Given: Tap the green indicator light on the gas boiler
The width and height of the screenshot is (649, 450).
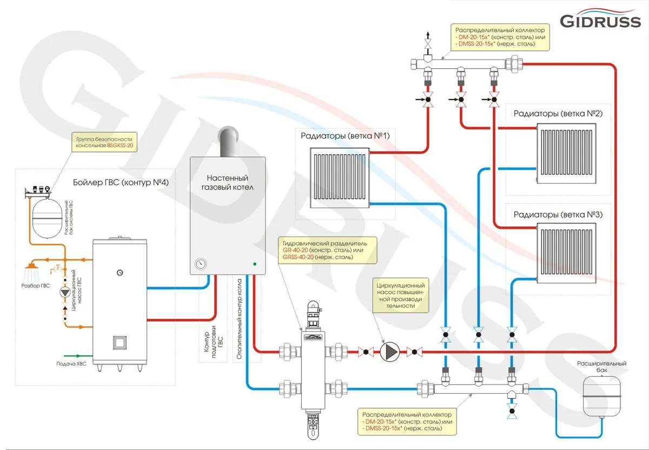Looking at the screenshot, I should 254,264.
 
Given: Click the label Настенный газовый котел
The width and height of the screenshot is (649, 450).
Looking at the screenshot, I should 227,182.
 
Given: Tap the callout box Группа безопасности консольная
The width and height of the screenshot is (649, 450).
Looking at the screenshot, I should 104,142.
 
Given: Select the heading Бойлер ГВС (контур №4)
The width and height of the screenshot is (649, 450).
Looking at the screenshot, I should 121,182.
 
